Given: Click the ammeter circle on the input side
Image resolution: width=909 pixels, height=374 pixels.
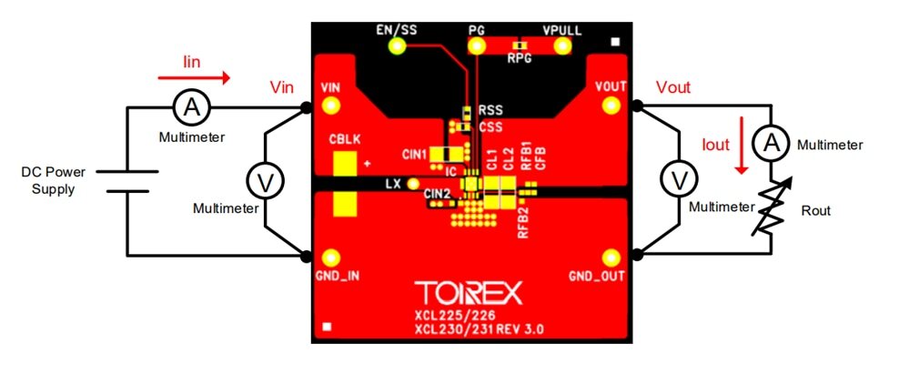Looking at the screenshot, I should pos(191,107).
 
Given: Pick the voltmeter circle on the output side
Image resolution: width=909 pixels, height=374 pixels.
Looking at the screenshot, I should pos(679,180).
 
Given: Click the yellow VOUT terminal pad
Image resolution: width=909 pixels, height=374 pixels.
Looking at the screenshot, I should pos(610,106).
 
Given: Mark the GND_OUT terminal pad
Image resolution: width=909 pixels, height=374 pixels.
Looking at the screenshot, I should pos(610,258).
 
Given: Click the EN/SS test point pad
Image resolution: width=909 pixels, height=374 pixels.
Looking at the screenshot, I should pos(397,46).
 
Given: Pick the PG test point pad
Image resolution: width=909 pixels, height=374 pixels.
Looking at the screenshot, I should pos(477,46).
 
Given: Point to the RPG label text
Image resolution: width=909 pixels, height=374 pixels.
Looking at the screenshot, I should pos(520,59).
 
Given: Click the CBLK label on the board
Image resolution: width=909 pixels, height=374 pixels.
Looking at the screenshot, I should pos(344,142).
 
